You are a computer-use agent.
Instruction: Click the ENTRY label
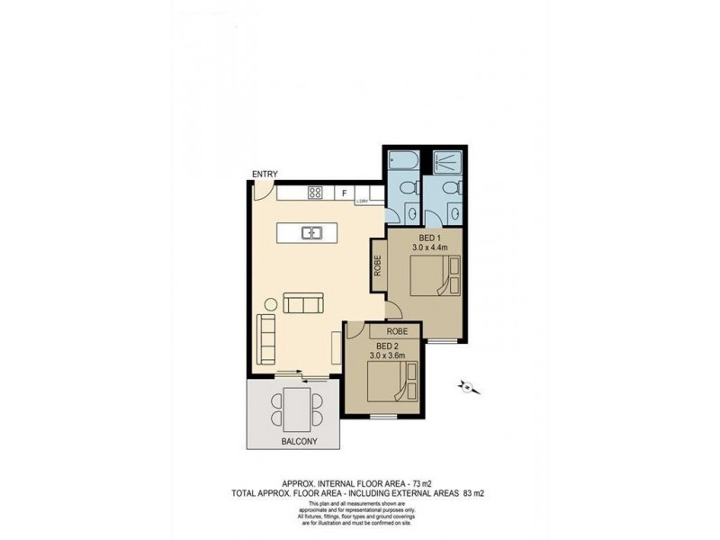pyautogui.click(x=265, y=175)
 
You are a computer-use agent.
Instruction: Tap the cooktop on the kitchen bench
pyautogui.click(x=315, y=192)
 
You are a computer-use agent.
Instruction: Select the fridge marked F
pyautogui.click(x=344, y=193)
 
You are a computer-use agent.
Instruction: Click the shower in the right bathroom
pyautogui.click(x=445, y=161)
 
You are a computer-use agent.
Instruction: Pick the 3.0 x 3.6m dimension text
pyautogui.click(x=388, y=355)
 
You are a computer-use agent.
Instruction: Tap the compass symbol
pyautogui.click(x=467, y=388)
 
